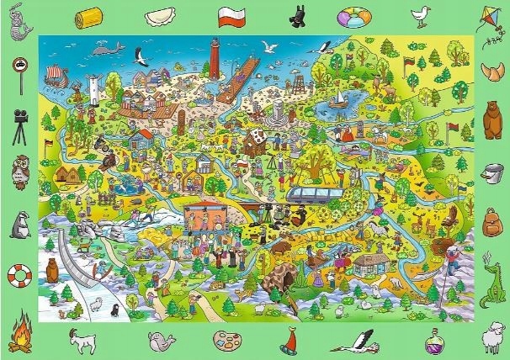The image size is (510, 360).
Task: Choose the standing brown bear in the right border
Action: pos(491,121)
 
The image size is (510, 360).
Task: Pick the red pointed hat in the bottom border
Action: pos(291,341)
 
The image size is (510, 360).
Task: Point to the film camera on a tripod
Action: pos(19,122)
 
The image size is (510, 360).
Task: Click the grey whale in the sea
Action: pos(104,52)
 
